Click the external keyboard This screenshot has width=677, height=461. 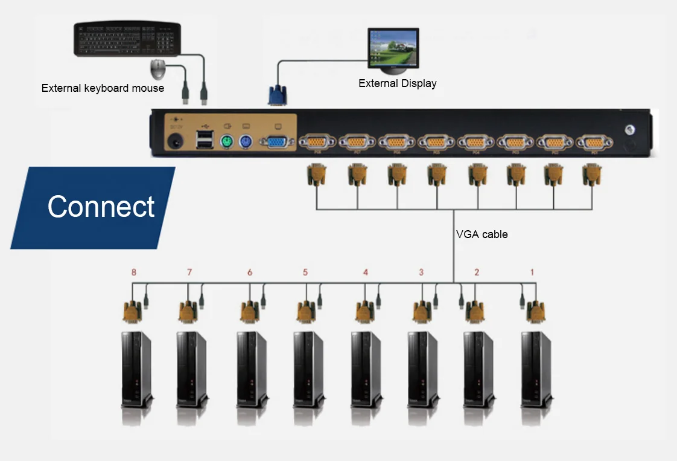127,39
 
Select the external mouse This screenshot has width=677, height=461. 158,69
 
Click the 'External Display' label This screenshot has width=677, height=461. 397,83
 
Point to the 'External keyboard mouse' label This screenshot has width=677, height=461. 103,88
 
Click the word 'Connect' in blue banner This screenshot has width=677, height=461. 101,207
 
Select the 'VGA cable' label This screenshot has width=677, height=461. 482,234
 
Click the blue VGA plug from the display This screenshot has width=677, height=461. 277,95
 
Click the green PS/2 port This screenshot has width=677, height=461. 226,143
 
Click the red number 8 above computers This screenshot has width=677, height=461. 134,272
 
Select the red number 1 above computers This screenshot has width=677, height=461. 532,272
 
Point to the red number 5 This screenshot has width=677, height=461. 305,272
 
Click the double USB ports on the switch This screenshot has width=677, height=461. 203,140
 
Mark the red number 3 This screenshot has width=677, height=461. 421,272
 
